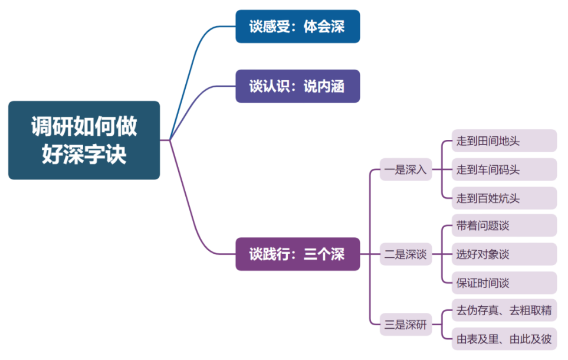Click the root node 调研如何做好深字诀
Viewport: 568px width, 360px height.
(84, 140)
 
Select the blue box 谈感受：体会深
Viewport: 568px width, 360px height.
(297, 27)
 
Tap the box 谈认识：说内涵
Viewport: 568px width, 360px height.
(297, 86)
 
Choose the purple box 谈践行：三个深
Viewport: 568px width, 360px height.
(297, 254)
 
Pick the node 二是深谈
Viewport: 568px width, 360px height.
(405, 255)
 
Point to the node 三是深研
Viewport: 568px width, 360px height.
(405, 324)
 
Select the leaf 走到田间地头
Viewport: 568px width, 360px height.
(504, 141)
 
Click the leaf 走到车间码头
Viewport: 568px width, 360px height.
(504, 170)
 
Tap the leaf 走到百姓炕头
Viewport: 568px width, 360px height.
(504, 198)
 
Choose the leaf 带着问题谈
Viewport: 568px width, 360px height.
(504, 226)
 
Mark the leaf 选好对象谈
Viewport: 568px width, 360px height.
(504, 254)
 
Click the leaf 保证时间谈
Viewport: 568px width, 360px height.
(504, 283)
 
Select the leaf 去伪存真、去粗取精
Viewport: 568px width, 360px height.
(504, 310)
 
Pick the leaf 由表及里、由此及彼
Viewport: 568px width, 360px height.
(504, 339)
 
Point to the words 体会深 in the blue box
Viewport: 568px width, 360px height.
(324, 27)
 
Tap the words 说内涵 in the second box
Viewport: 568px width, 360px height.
(324, 86)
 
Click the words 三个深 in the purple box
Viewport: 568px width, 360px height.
(324, 254)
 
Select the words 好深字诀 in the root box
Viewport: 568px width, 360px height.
(84, 153)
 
